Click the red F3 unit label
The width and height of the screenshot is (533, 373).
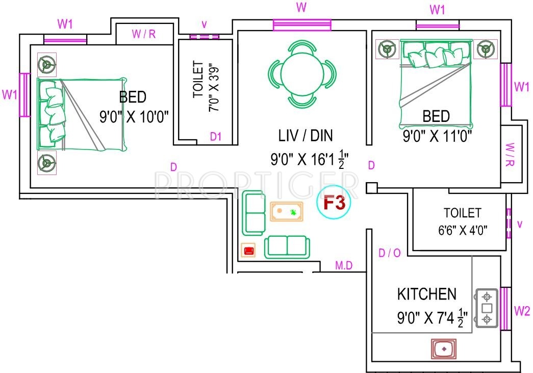(x=336, y=203)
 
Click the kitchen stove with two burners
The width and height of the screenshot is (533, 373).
(x=487, y=308)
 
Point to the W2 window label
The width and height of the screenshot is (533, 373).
(x=522, y=310)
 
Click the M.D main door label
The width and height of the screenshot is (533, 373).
(x=344, y=265)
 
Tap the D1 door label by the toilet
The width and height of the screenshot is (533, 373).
(x=216, y=137)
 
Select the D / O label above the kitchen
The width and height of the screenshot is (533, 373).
(x=390, y=254)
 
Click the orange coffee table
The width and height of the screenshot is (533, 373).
(x=287, y=211)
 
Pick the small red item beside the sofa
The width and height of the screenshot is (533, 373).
(x=249, y=250)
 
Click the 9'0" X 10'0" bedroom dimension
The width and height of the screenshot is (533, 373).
(x=134, y=117)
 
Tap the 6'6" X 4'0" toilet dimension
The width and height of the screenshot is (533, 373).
(x=463, y=230)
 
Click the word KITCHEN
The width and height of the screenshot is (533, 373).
(x=427, y=294)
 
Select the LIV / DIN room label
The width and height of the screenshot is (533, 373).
(x=305, y=136)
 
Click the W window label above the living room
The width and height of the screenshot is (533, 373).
(x=301, y=8)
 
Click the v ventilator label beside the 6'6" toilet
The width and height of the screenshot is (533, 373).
(x=520, y=224)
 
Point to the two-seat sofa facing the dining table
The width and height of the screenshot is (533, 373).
(x=286, y=246)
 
